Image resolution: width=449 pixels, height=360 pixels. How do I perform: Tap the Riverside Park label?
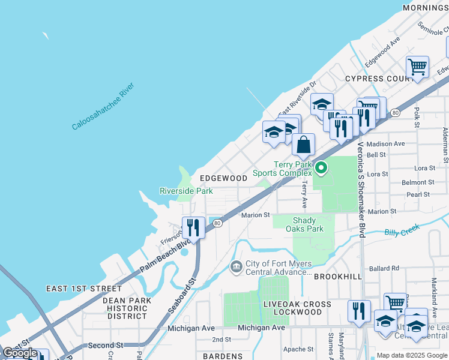click(186, 191)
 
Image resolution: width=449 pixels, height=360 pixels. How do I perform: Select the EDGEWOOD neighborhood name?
click(223, 178)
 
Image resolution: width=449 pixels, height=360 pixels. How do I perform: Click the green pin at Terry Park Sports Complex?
click(321, 168)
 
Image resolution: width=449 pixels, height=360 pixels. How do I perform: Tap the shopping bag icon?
click(304, 145)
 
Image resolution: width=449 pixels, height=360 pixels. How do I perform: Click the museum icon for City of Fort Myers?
click(235, 266)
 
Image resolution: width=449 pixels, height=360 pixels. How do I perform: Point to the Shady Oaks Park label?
click(308, 224)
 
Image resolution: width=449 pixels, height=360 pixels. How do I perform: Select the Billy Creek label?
click(402, 232)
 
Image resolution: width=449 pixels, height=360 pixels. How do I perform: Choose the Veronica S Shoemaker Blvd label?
click(361, 189)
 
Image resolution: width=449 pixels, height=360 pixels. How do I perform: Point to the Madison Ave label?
click(385, 144)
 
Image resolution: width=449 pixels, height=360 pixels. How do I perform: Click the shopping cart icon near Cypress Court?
click(417, 67)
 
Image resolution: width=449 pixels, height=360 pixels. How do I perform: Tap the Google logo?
click(20, 353)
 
